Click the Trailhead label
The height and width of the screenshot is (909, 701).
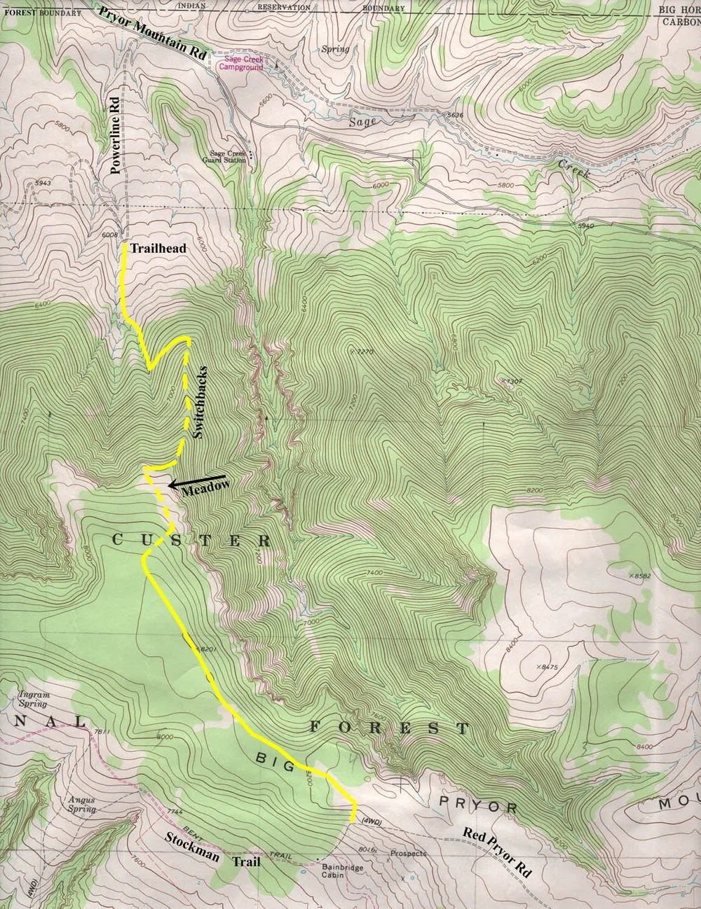pyautogui.click(x=151, y=249)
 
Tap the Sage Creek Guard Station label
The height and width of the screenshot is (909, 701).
pyautogui.click(x=224, y=156)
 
